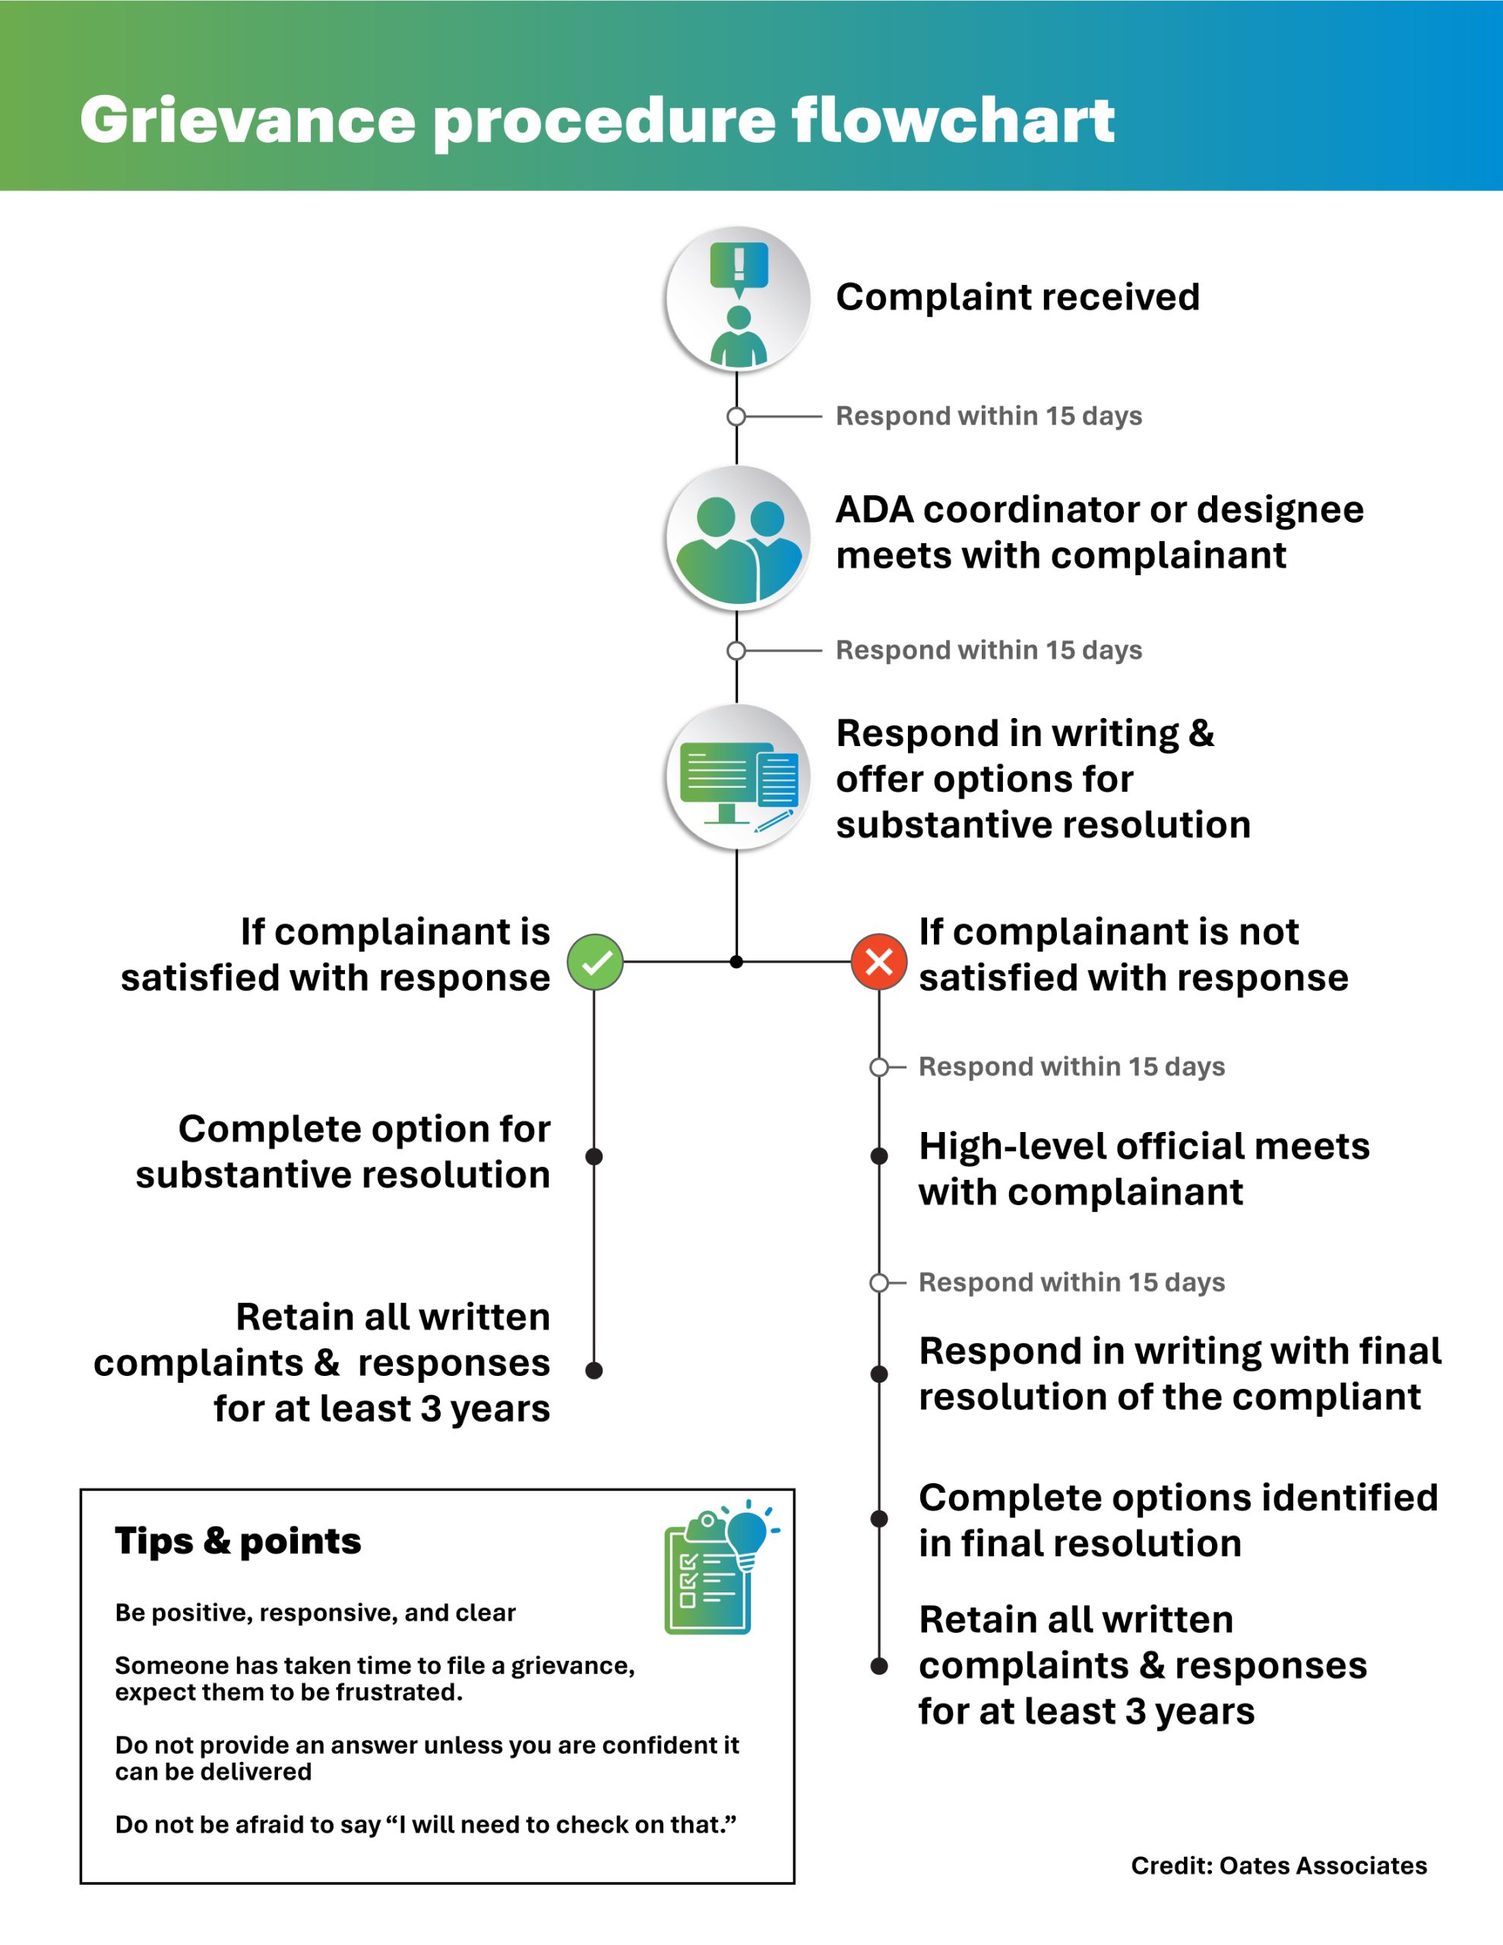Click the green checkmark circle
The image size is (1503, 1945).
pyautogui.click(x=595, y=962)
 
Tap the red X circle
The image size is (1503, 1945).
pyautogui.click(x=878, y=962)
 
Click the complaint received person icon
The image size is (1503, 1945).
pyautogui.click(x=739, y=299)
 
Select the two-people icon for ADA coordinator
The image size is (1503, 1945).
pyautogui.click(x=739, y=538)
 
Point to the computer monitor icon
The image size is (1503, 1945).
pyautogui.click(x=739, y=777)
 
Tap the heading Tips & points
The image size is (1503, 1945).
pyautogui.click(x=238, y=1541)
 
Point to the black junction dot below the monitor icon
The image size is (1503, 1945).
pyautogui.click(x=736, y=962)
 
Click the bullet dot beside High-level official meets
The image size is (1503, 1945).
pyautogui.click(x=878, y=1156)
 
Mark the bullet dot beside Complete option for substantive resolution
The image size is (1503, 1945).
pyautogui.click(x=594, y=1156)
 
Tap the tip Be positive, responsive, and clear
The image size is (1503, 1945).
pyautogui.click(x=315, y=1613)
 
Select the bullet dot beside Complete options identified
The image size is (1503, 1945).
pyautogui.click(x=878, y=1519)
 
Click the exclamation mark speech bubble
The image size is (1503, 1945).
pyautogui.click(x=739, y=265)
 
